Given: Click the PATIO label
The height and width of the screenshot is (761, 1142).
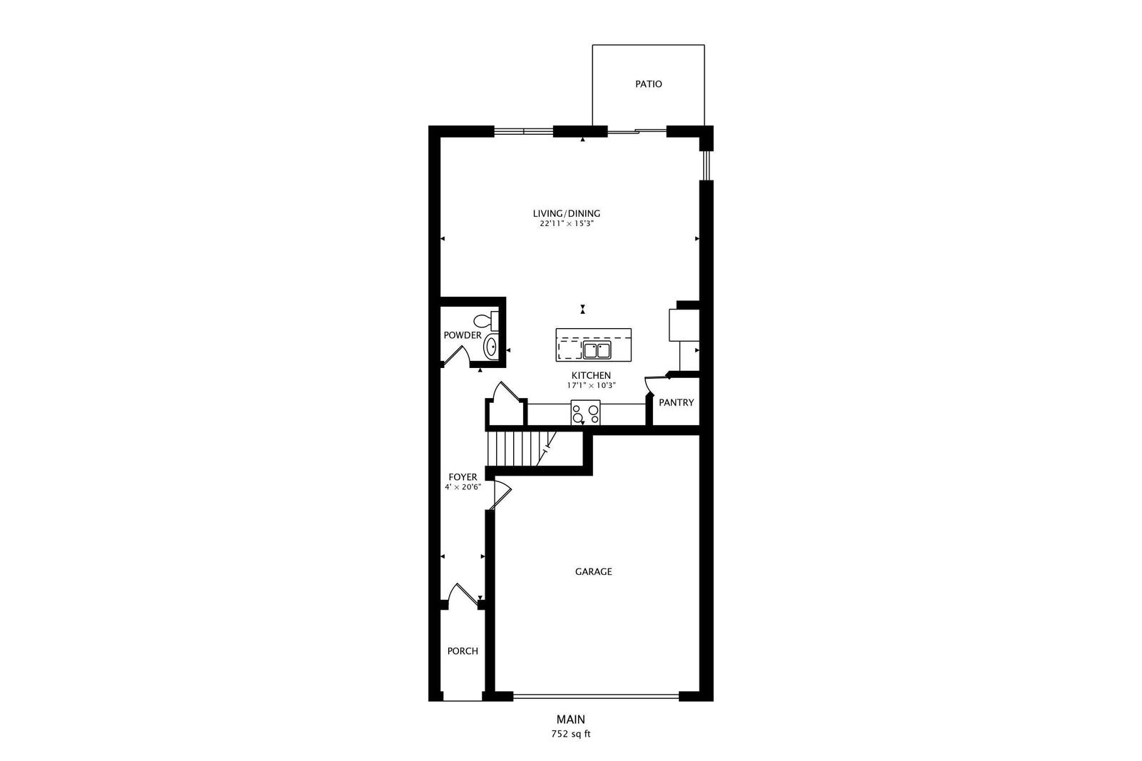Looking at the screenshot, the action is [649, 84].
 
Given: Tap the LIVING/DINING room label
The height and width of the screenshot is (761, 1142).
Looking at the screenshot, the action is [567, 213].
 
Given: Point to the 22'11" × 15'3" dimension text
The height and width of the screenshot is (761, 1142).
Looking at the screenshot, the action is [567, 224].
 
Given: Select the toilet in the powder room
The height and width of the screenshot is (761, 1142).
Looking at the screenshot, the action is [486, 321].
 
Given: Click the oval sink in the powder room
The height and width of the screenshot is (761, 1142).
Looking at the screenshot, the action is [490, 347].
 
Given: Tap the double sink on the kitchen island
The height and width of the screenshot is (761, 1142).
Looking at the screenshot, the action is [597, 350].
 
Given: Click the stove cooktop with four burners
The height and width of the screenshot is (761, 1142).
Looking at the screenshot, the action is [585, 412].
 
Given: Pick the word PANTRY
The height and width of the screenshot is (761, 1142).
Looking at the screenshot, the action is [676, 402].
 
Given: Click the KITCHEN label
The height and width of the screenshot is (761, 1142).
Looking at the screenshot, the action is [591, 375].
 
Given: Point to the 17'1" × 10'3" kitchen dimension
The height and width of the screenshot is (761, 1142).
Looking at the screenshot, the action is [592, 386].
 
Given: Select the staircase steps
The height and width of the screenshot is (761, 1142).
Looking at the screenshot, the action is [520, 449].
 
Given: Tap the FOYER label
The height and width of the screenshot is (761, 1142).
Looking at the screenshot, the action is [463, 477].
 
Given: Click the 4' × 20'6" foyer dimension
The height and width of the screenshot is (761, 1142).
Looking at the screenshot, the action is [463, 487].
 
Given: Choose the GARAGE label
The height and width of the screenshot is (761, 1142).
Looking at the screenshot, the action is [593, 571].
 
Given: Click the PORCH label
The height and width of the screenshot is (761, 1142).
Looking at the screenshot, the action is [463, 651].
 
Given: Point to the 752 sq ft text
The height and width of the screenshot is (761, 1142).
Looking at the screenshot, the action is [570, 734].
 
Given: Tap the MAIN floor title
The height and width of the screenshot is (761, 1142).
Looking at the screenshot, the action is [570, 719].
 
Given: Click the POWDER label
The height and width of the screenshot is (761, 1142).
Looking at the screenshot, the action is [463, 335].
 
